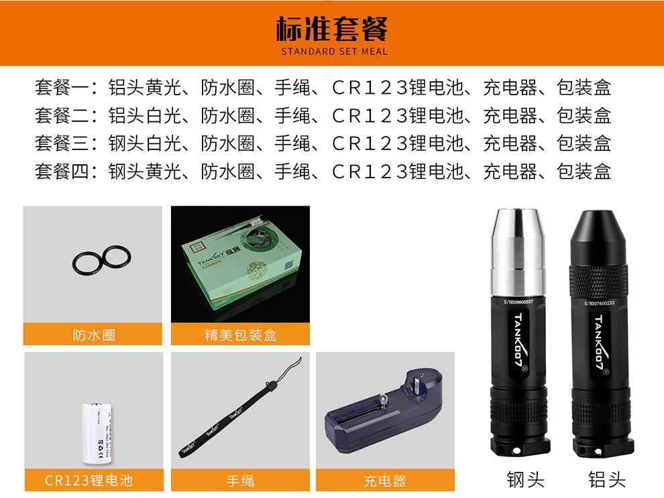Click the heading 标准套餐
pyautogui.click(x=332, y=29)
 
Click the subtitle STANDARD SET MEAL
pyautogui.click(x=333, y=52)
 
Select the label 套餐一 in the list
pyautogui.click(x=62, y=87)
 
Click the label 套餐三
pyautogui.click(x=62, y=143)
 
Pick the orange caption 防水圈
pyautogui.click(x=93, y=334)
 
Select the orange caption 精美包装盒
pyautogui.click(x=240, y=334)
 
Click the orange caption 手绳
pyautogui.click(x=240, y=481)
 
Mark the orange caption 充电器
pyautogui.click(x=385, y=481)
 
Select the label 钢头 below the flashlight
pyautogui.click(x=525, y=479)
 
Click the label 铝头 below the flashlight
pyautogui.click(x=606, y=479)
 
